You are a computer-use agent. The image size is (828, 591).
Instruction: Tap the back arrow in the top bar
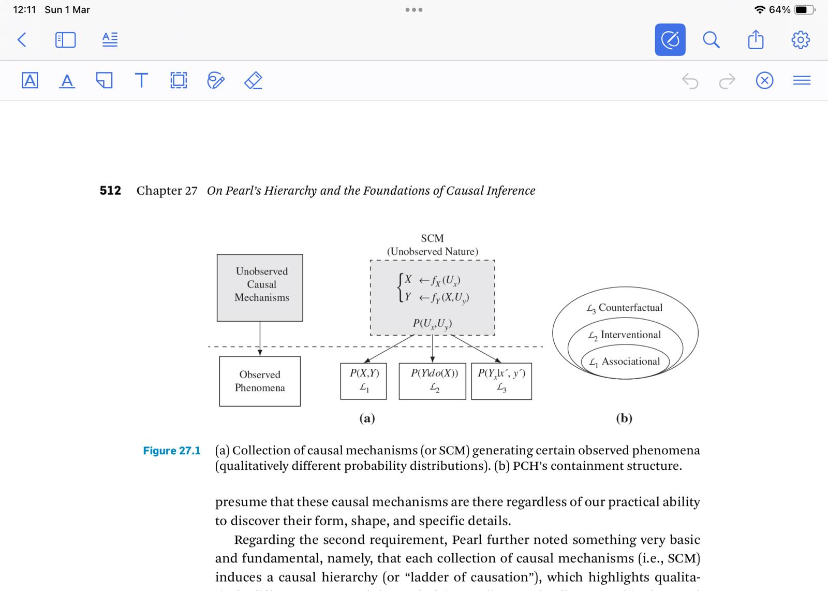[22, 39]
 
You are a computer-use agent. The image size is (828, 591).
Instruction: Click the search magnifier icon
[711, 39]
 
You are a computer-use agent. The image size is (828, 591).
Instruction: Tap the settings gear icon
[800, 39]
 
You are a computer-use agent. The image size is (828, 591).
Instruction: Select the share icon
[756, 39]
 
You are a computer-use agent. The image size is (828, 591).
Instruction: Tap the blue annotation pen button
[670, 39]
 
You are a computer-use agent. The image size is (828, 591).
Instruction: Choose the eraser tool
[253, 80]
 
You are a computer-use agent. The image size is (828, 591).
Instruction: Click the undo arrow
[690, 81]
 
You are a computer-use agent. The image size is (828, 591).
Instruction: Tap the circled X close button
[764, 81]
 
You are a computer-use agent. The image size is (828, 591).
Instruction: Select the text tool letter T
[141, 80]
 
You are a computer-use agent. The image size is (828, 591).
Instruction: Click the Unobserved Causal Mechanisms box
[260, 287]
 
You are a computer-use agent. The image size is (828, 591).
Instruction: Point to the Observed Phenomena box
[260, 381]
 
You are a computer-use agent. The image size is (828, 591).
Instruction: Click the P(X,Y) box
[363, 381]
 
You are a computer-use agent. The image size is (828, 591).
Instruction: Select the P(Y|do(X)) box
[432, 381]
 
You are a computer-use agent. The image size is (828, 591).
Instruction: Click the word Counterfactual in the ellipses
[630, 308]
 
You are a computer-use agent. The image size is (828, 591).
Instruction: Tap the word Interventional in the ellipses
[630, 335]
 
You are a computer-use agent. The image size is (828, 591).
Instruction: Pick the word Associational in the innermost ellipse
[630, 362]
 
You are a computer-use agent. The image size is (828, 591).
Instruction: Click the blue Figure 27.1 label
[172, 451]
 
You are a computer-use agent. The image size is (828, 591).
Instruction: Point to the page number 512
[110, 191]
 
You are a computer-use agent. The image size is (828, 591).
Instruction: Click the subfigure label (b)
[624, 418]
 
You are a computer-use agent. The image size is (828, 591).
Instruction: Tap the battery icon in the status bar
[804, 10]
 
